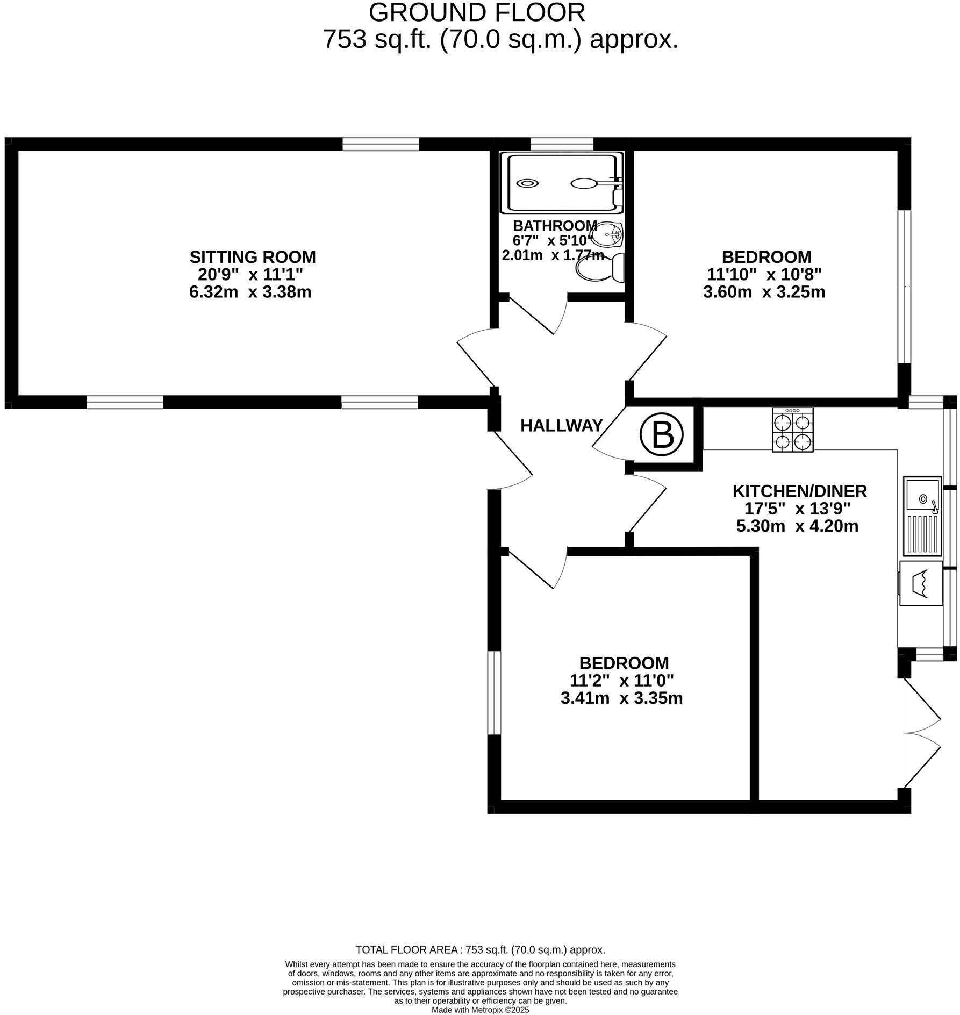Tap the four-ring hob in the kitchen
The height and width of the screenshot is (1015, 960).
click(x=793, y=429)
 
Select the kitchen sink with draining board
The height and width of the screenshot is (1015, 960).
click(x=922, y=516)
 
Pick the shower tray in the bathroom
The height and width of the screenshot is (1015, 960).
click(x=562, y=182)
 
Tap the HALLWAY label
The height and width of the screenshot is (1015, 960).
click(x=561, y=426)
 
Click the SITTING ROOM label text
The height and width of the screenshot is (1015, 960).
click(x=253, y=257)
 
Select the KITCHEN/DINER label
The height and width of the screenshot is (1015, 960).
click(x=800, y=491)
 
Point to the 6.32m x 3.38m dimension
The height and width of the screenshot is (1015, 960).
click(x=250, y=292)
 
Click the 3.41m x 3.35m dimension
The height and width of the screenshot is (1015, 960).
click(x=621, y=698)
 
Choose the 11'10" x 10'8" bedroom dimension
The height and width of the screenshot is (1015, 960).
click(x=764, y=275)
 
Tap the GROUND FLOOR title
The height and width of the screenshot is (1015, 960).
click(x=477, y=12)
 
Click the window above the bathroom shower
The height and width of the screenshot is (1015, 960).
click(x=562, y=144)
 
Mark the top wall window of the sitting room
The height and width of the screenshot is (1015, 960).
click(x=381, y=144)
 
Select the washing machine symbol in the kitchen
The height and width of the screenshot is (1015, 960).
click(x=921, y=583)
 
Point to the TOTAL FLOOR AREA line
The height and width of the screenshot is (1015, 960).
click(x=481, y=950)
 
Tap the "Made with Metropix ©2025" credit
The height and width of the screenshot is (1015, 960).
click(x=481, y=1010)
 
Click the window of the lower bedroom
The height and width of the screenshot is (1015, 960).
click(x=494, y=692)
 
